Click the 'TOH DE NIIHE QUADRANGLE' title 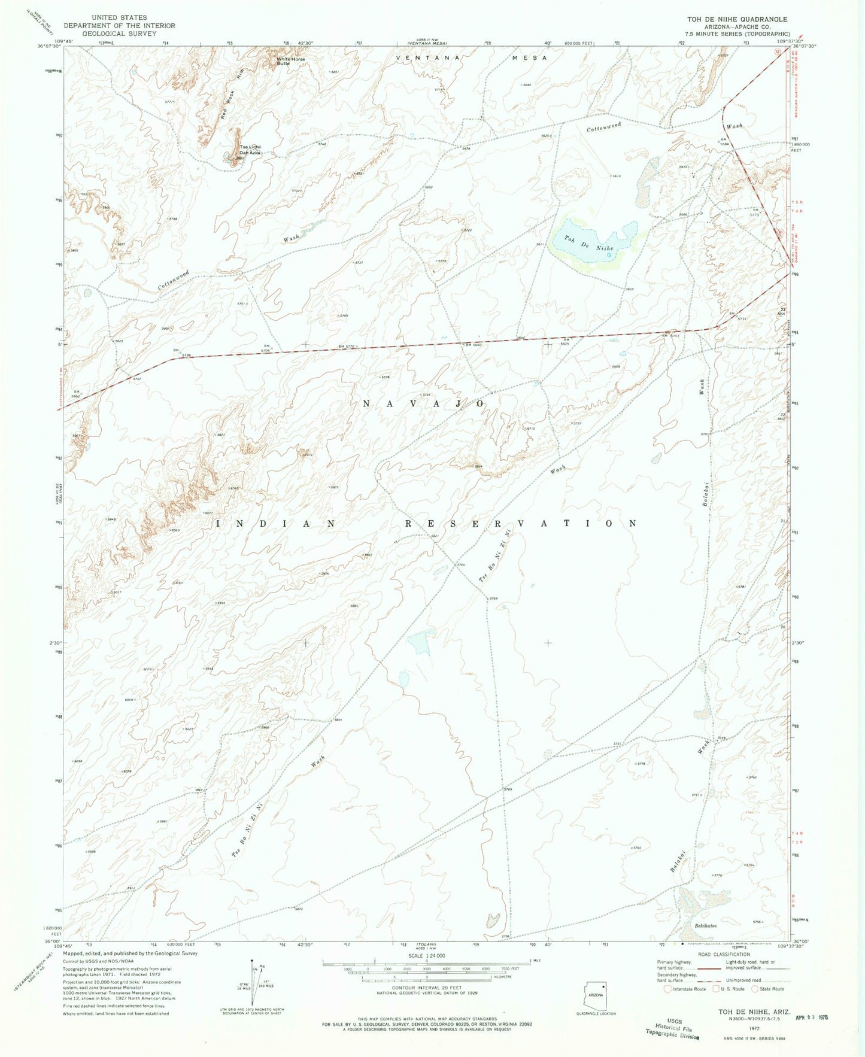[737, 19]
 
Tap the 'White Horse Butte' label [290, 60]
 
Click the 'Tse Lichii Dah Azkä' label [250, 150]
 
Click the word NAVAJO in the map [424, 405]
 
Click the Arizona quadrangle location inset [595, 994]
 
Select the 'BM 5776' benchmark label [347, 347]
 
